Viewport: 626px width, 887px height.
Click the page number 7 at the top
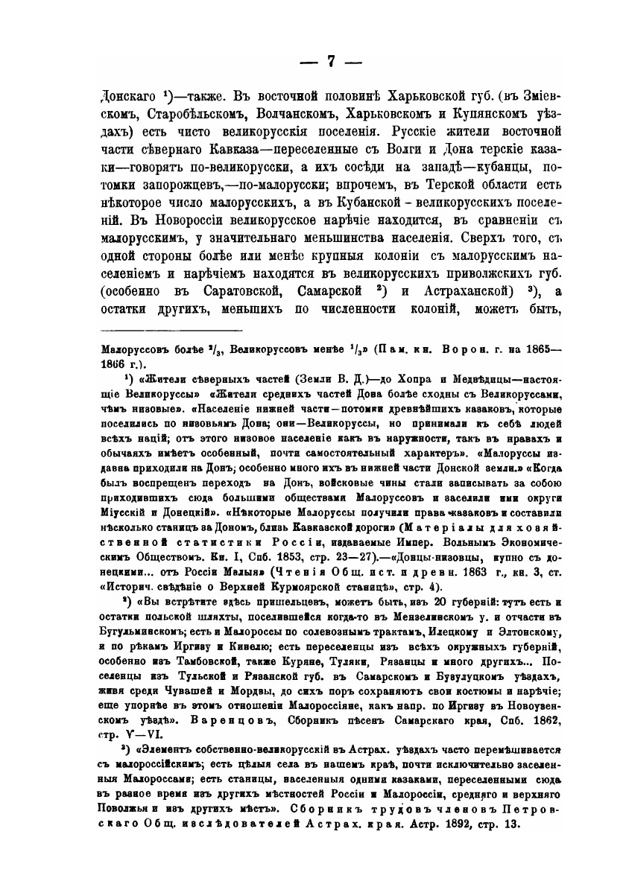coord(313,62)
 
